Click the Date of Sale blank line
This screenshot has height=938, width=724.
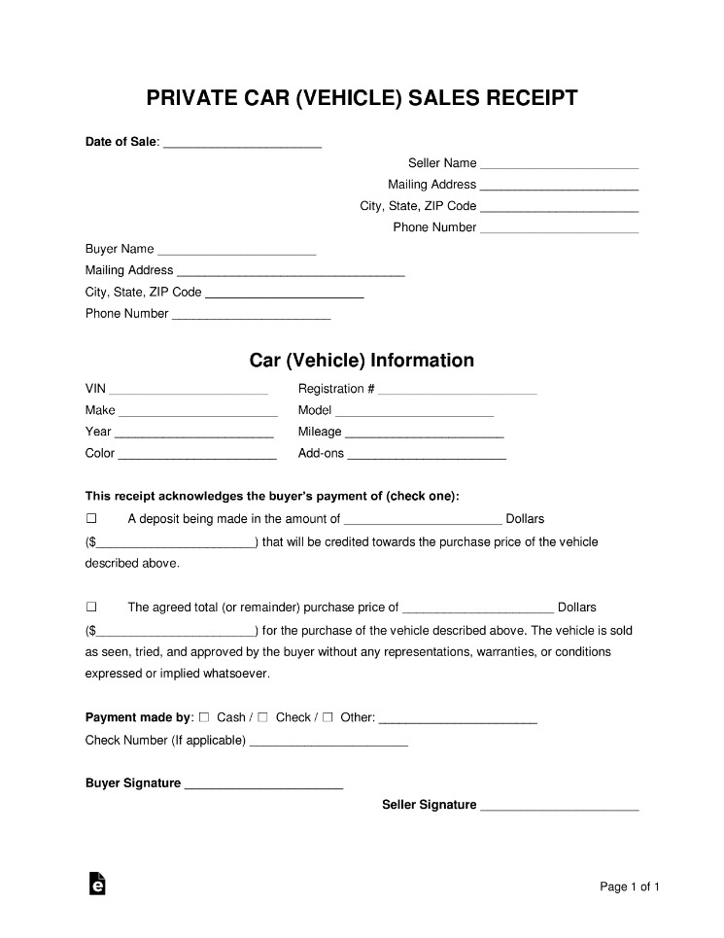242,143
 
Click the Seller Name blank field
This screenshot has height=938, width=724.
559,164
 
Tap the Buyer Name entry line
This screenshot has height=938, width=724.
236,250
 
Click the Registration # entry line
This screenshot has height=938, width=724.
457,390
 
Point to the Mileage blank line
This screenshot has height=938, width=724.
424,433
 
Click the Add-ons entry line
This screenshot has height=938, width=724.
427,454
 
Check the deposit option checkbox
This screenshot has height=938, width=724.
92,519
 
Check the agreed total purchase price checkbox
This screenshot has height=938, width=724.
92,607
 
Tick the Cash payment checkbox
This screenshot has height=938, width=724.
204,717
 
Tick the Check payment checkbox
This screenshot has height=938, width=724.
263,717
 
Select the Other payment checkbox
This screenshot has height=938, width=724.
328,717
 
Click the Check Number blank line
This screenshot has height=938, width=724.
328,742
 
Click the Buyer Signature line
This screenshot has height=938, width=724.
263,784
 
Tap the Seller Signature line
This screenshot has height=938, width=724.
559,806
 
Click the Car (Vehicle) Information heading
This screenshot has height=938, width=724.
362,361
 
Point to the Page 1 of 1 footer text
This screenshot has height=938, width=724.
630,886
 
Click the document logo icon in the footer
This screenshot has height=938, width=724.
97,883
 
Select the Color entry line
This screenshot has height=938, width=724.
197,454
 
